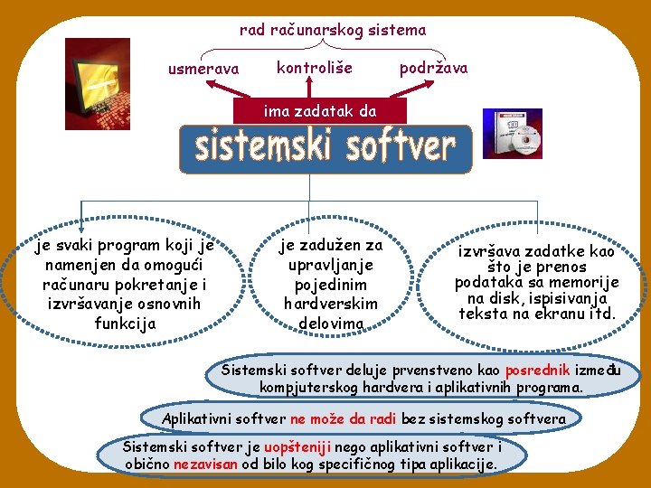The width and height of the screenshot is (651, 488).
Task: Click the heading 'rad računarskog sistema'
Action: [x=332, y=30]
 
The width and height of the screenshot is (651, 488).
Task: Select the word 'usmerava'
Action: [x=203, y=69]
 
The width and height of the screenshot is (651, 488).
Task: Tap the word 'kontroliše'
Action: [x=314, y=68]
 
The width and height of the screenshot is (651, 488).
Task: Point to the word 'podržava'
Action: [x=433, y=68]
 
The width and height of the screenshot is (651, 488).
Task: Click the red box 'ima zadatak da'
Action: [x=319, y=112]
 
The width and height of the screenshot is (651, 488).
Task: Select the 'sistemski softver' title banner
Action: [x=325, y=147]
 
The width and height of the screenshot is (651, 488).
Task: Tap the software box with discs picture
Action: [x=513, y=134]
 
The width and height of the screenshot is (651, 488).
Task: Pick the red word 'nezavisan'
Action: [x=205, y=464]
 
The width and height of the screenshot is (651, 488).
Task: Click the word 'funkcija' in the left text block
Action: [x=125, y=323]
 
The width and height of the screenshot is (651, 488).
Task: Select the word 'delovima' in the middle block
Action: [x=331, y=324]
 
